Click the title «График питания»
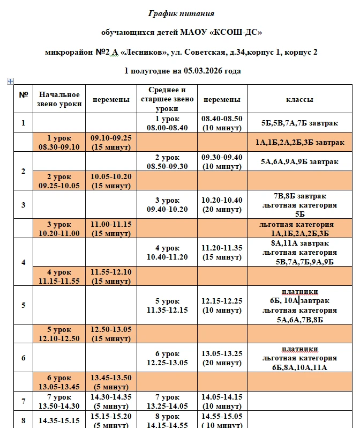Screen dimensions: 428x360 point(182,13)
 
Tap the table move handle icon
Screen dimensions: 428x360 point(10,81)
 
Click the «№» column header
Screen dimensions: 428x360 point(23,95)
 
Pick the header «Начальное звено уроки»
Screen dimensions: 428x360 point(59,99)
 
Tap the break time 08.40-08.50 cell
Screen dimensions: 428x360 point(221,123)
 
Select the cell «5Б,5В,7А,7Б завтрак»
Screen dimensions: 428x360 point(299,123)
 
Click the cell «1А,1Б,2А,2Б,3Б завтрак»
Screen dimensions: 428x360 point(299,142)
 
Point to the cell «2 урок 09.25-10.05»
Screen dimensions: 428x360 point(59,181)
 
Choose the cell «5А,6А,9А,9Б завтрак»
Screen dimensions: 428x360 point(299,161)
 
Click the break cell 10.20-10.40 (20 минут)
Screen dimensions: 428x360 point(221,204)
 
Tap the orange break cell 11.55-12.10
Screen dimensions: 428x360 point(111,276)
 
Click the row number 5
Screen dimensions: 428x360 point(23,305)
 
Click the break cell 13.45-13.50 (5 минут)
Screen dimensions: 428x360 point(111,382)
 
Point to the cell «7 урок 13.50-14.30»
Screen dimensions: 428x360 point(59,401)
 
